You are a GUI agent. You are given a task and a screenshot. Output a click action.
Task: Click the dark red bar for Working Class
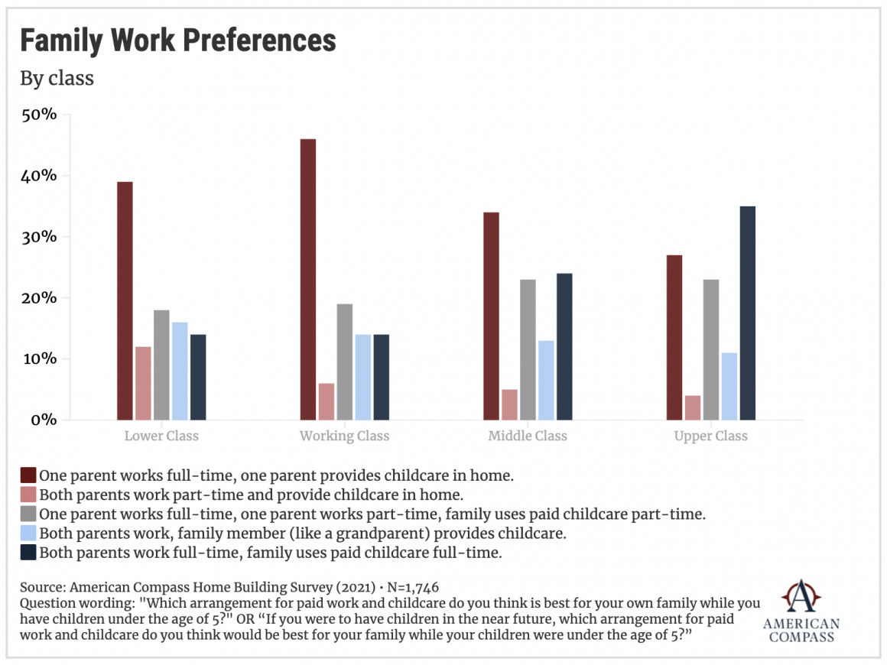click(308, 280)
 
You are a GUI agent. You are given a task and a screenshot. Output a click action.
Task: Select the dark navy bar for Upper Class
click(748, 313)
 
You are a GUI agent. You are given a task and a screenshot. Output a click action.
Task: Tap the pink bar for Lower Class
click(143, 383)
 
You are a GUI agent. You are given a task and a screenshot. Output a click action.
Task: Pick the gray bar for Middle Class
click(528, 349)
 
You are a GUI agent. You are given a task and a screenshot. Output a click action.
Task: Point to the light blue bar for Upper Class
click(729, 386)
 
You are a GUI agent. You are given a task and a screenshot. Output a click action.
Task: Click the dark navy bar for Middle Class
click(564, 346)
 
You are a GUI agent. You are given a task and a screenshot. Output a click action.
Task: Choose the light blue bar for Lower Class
click(180, 371)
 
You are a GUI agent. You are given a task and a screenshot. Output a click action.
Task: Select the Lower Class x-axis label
click(161, 436)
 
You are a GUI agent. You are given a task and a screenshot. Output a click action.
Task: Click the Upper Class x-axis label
click(711, 436)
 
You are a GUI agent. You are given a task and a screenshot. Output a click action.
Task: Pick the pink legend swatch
click(28, 495)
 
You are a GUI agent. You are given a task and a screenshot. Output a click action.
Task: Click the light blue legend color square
click(28, 533)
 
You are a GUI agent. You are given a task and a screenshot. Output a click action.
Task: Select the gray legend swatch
click(28, 514)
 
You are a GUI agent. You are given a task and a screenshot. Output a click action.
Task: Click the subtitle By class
click(57, 78)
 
